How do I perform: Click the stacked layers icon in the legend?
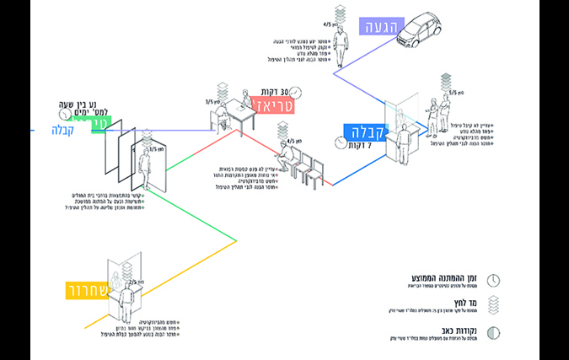click(496, 306)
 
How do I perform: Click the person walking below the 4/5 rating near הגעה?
click(341, 50)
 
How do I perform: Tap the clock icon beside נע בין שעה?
click(64, 113)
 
